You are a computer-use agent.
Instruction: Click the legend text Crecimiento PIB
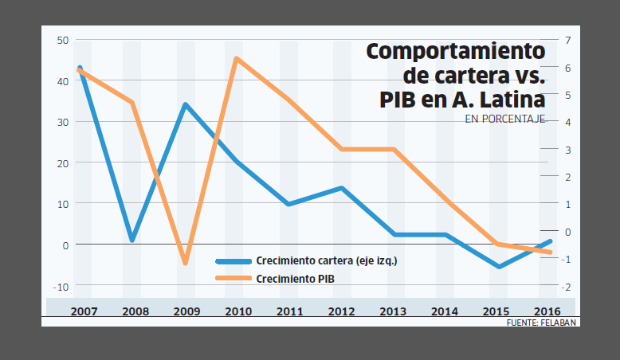[295, 278]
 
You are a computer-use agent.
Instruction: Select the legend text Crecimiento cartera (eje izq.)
[326, 260]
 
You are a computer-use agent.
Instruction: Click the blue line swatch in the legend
[232, 260]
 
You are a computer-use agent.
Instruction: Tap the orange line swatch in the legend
[232, 278]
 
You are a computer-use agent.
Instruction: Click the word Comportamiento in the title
[455, 52]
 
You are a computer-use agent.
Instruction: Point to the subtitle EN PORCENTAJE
[504, 119]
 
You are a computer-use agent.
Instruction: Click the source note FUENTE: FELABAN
[541, 323]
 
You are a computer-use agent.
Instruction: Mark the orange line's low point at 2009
[186, 262]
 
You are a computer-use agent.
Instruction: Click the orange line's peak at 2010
[237, 59]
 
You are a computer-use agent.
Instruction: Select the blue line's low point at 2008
[132, 239]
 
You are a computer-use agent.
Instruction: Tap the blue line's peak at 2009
[185, 105]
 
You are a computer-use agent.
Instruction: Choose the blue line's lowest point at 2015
[499, 266]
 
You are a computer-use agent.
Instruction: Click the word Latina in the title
[511, 101]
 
